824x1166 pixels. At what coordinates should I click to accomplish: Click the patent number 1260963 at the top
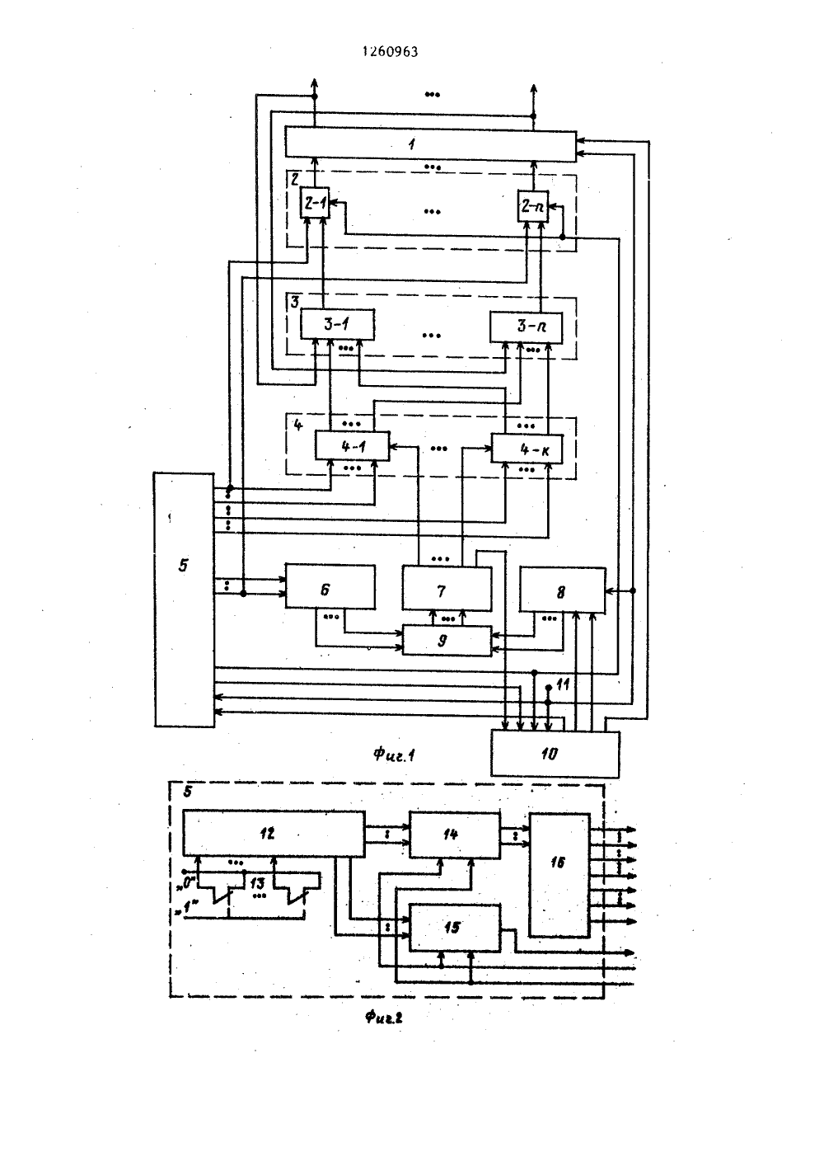click(x=390, y=51)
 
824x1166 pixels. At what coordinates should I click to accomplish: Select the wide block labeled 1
click(x=431, y=143)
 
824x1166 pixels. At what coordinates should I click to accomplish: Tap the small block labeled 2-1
click(x=316, y=203)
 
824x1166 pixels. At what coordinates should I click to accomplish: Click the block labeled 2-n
click(x=533, y=206)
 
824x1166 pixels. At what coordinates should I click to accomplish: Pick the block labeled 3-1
click(x=338, y=325)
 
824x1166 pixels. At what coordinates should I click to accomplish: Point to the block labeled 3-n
click(x=526, y=327)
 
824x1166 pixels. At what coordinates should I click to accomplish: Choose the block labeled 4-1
click(x=353, y=445)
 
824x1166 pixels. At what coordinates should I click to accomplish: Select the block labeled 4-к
click(x=527, y=449)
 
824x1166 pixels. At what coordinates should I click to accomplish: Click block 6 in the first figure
click(x=330, y=586)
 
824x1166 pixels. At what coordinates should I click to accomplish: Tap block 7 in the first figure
click(x=447, y=589)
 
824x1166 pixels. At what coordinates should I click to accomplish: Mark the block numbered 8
click(x=563, y=590)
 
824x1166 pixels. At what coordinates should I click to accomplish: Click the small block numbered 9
click(x=447, y=640)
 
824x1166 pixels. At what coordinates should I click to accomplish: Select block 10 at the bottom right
click(x=555, y=755)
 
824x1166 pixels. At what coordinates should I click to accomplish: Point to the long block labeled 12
click(x=274, y=834)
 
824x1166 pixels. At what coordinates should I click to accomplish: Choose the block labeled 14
click(x=455, y=835)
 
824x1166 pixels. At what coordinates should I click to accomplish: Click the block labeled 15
click(x=455, y=929)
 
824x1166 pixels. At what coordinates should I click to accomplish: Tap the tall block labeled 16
click(x=559, y=876)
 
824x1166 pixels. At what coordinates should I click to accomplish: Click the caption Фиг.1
click(x=394, y=755)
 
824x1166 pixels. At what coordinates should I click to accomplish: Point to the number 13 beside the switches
click(x=257, y=883)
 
